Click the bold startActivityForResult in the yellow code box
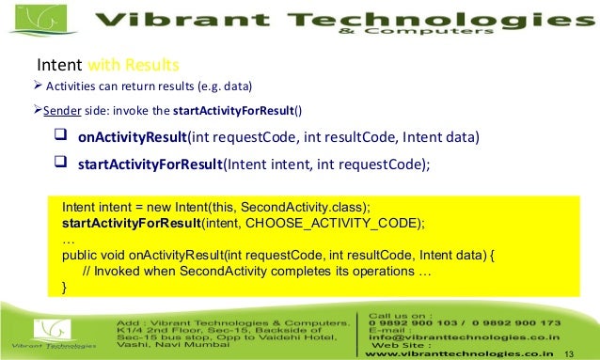(132, 222)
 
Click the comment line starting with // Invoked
(257, 272)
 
